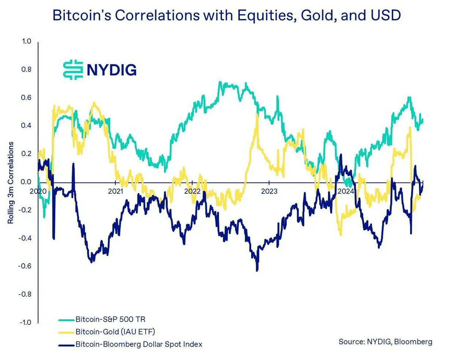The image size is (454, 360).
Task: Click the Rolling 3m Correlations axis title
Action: [11, 182]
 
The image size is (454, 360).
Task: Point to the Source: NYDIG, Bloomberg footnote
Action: [385, 341]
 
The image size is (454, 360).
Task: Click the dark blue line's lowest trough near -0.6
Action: [257, 270]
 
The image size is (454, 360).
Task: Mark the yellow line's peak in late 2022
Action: [257, 115]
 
